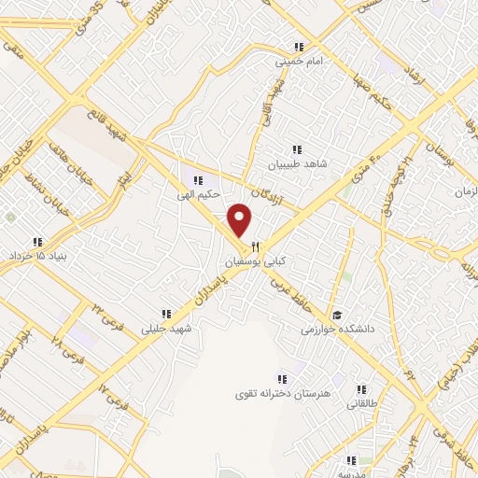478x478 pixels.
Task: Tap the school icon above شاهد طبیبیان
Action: point(297,148)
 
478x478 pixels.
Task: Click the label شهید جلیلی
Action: point(165,328)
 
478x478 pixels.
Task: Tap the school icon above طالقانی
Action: point(361,390)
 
